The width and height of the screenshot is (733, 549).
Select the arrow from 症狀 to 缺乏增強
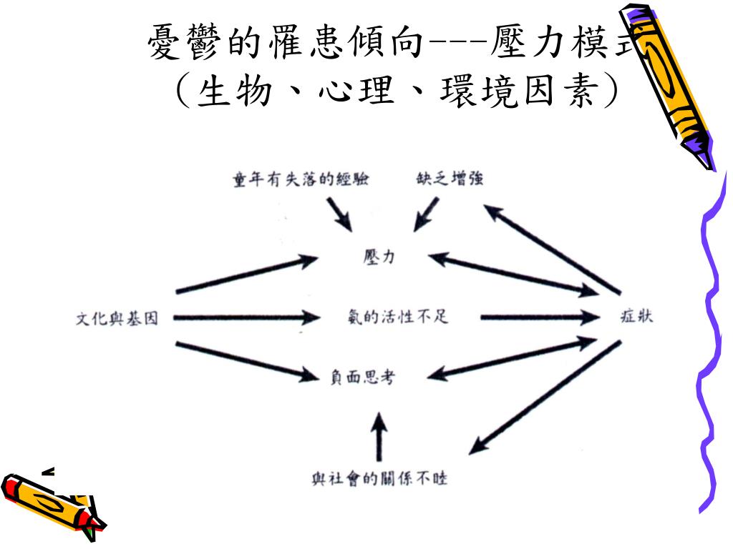coord(551,249)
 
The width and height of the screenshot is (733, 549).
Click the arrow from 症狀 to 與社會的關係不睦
coord(544,397)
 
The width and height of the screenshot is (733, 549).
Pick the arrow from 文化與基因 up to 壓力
coord(247,274)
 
